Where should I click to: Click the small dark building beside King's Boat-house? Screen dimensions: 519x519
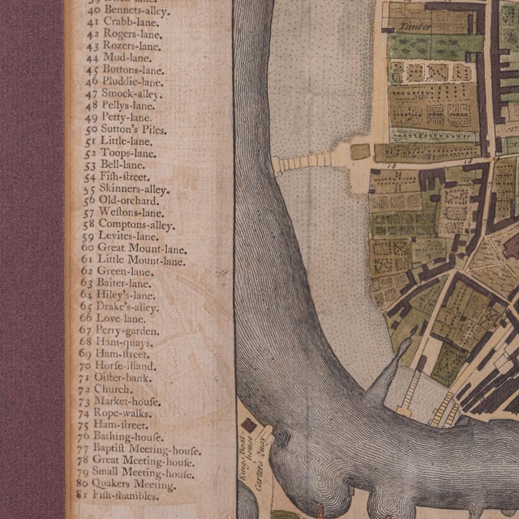click(250, 424)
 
